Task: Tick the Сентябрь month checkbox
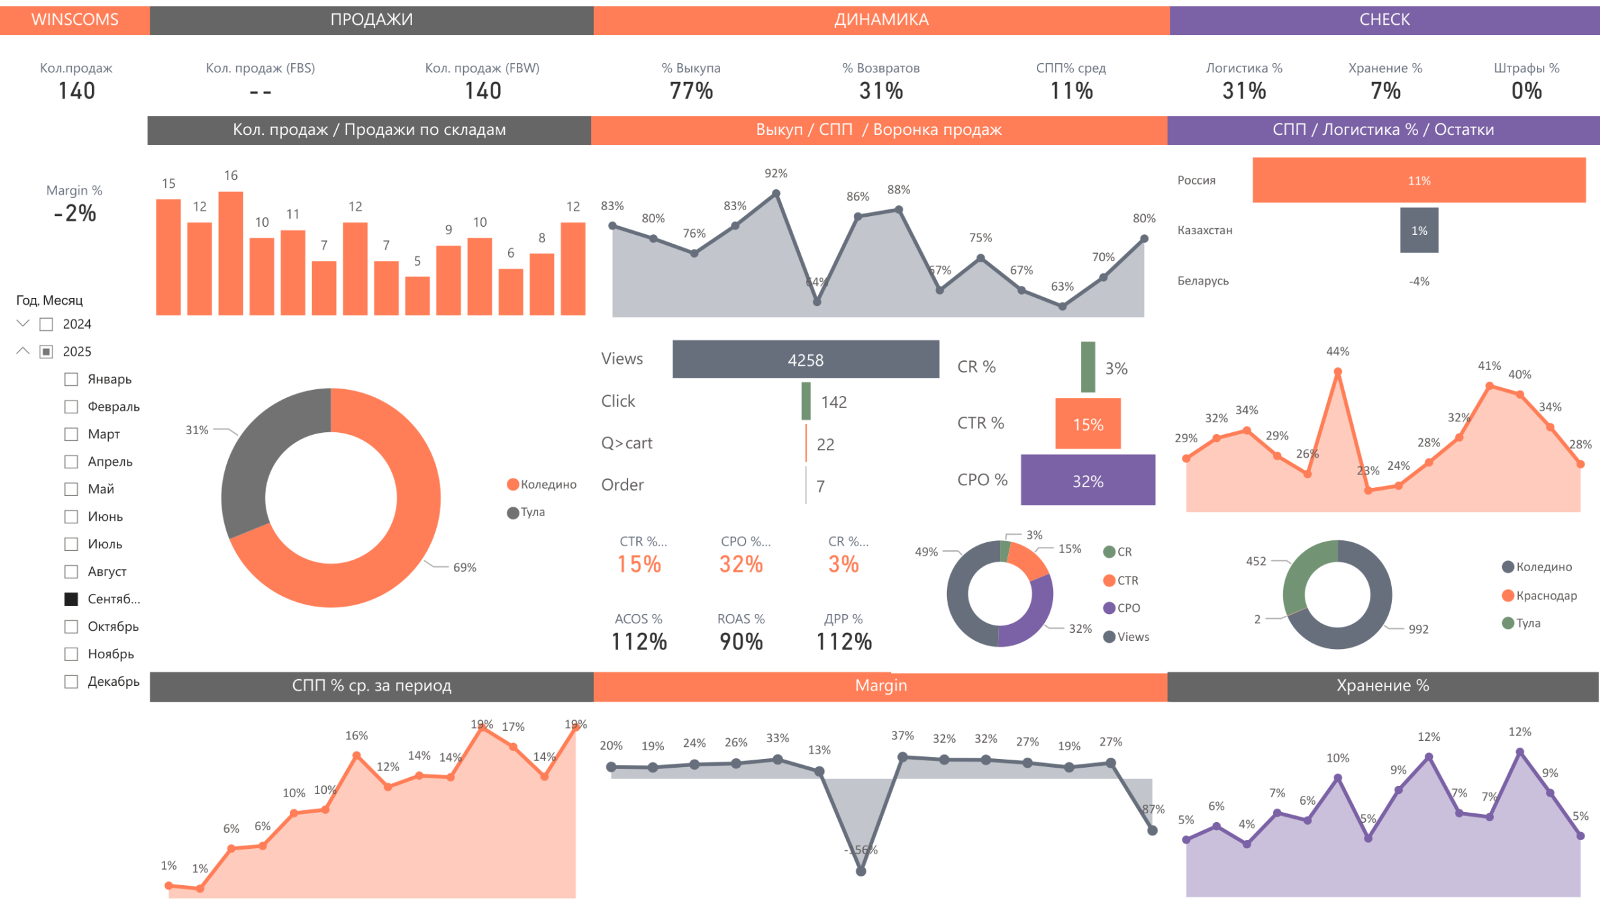tap(71, 599)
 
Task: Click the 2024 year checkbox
tap(46, 325)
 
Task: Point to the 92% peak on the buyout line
tap(776, 193)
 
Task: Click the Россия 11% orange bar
tap(1419, 180)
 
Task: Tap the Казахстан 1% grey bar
tap(1419, 230)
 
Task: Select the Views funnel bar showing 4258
tap(805, 360)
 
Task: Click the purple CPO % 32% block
tap(1087, 480)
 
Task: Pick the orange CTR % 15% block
tap(1088, 423)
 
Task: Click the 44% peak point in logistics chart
tap(1338, 371)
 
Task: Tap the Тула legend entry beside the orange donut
tap(526, 513)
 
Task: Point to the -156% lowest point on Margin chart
tap(861, 871)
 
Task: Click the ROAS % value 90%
tap(741, 642)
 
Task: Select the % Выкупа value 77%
tap(691, 91)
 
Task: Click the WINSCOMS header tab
tap(74, 19)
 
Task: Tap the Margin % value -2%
tap(74, 213)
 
